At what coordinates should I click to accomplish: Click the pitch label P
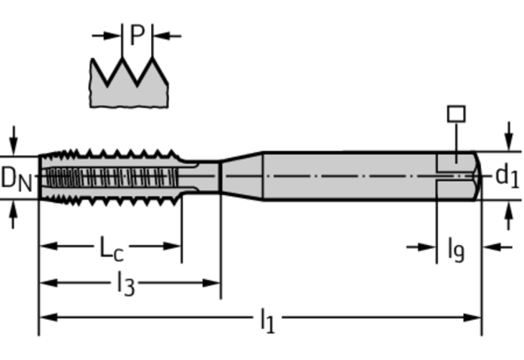(x=138, y=34)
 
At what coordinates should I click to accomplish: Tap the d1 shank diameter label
(x=506, y=175)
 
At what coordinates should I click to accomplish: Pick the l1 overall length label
(x=267, y=320)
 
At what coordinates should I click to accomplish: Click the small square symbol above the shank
(x=455, y=113)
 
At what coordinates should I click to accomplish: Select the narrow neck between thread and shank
(x=205, y=175)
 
